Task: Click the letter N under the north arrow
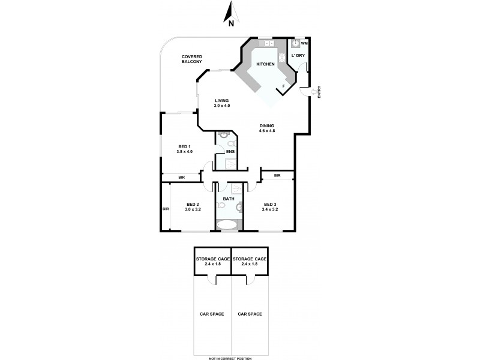(232, 24)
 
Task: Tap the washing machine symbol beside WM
(295, 44)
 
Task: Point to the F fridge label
(283, 87)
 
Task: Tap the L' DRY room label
(298, 56)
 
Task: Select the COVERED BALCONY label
(193, 59)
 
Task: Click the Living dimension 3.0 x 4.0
(223, 106)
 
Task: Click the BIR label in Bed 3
(277, 175)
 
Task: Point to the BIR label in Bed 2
(165, 209)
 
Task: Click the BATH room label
(229, 199)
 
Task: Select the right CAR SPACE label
(250, 314)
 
